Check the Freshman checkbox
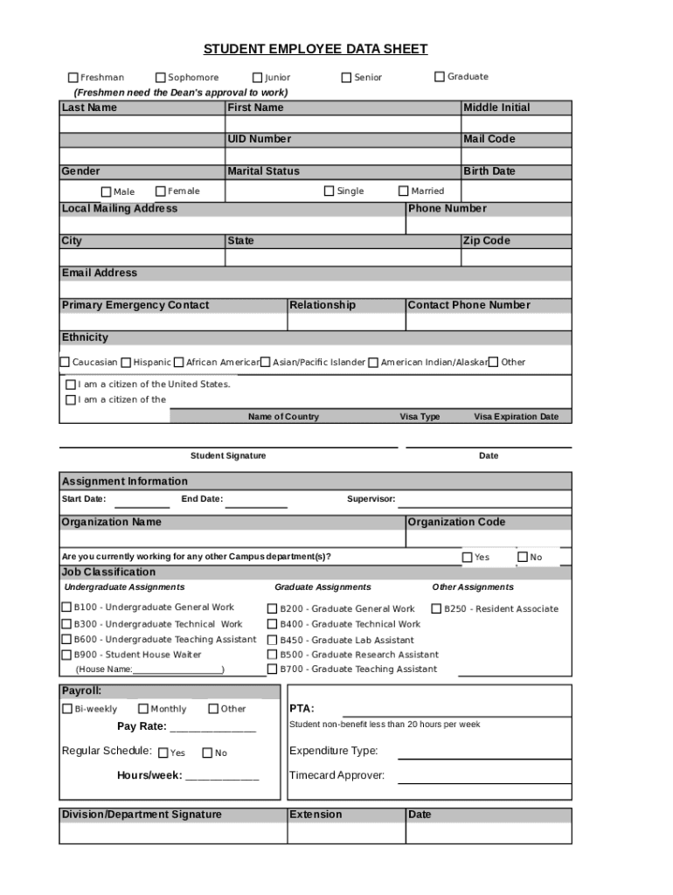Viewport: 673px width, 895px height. coord(73,78)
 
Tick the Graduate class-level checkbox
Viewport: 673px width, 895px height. coord(440,77)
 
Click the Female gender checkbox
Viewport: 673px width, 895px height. coord(161,191)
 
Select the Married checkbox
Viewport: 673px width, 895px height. coord(404,191)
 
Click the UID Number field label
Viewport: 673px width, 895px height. coord(259,139)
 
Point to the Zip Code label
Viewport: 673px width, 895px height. coord(486,240)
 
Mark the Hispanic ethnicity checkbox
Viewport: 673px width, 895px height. coord(127,362)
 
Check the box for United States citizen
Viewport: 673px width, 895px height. coord(71,385)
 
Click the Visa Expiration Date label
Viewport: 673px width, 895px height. coord(516,417)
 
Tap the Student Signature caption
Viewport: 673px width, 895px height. coord(228,455)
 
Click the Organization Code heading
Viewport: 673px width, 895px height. coord(456,522)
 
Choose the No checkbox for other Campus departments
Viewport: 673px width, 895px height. coord(523,557)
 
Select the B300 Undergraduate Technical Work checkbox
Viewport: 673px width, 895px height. coord(66,624)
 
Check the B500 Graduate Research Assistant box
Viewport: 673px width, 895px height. coord(272,655)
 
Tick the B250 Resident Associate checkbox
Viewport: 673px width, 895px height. coord(437,608)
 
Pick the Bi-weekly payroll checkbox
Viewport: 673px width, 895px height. coord(67,709)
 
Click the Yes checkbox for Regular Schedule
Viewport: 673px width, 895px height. coord(163,753)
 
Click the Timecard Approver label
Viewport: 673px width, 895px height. coord(336,775)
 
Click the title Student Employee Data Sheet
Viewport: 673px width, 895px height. coord(316,49)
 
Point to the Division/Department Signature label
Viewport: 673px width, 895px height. coord(142,815)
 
